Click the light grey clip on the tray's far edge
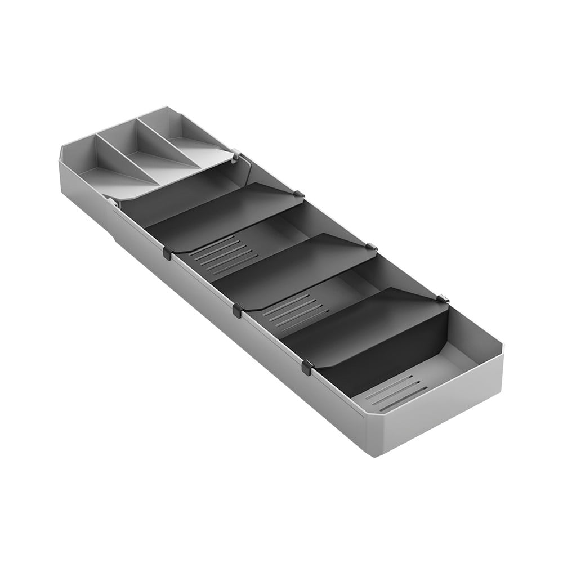(235, 152)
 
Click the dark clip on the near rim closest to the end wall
(307, 368)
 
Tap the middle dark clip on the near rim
(237, 310)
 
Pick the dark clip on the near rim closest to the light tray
(168, 253)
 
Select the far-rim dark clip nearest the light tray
(300, 195)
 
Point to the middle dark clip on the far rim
(371, 246)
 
